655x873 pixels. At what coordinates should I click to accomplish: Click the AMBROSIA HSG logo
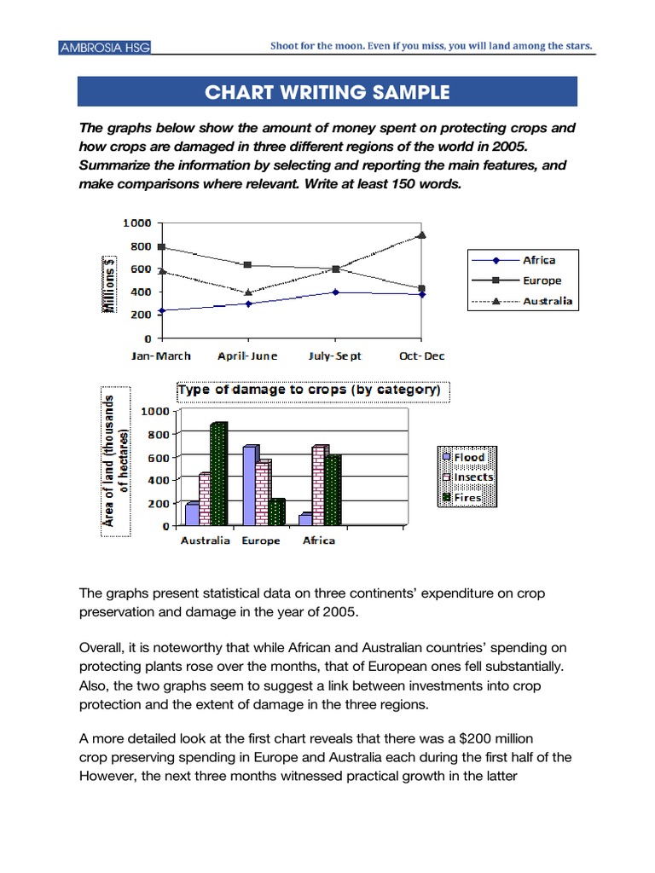coord(105,48)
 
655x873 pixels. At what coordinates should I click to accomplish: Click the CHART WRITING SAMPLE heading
coord(327,92)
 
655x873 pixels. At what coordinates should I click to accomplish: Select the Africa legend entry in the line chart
coord(538,260)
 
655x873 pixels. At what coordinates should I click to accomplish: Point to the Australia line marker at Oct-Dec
coord(421,234)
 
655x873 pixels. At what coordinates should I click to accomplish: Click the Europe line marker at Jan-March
coord(161,247)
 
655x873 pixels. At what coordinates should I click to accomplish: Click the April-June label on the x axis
coord(247,356)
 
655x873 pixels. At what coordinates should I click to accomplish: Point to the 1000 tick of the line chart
coord(137,223)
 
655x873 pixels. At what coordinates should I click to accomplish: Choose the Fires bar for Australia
coord(218,474)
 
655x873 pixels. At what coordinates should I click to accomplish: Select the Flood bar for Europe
coord(249,485)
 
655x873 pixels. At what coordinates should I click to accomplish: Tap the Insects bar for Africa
coord(320,485)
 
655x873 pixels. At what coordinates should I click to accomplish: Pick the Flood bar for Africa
coord(304,519)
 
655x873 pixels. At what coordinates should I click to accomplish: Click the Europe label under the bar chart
coord(260,541)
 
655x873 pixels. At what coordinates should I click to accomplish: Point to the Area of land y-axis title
coord(114,464)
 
